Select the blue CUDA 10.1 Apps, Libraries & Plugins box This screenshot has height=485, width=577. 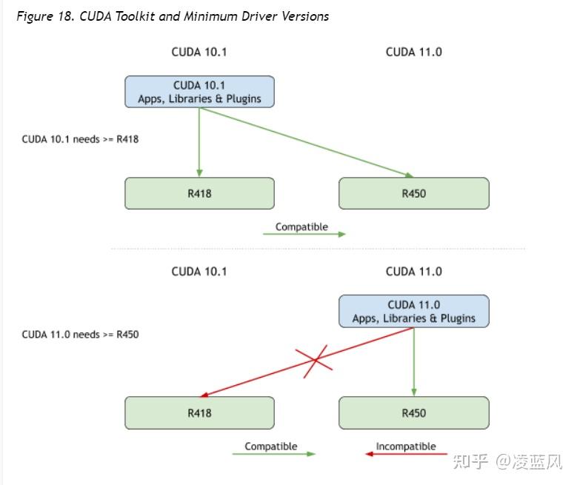point(199,92)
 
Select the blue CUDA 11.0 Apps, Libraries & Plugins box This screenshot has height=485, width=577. point(414,311)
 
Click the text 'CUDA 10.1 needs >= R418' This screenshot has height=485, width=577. point(80,139)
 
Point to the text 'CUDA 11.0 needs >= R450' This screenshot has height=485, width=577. point(80,335)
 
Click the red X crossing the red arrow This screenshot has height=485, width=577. point(316,361)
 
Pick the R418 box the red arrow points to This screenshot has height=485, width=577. point(199,413)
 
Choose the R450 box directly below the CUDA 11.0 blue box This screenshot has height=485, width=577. point(414,413)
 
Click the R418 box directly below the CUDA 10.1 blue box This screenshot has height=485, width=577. point(199,193)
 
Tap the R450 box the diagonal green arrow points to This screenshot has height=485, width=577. point(414,193)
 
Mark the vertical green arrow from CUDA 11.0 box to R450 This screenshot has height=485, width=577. point(414,361)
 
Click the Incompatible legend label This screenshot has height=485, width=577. point(406,446)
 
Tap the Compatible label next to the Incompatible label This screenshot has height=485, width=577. point(271,446)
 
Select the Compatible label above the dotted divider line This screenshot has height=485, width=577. point(301,227)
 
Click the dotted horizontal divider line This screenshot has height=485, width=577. point(318,249)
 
